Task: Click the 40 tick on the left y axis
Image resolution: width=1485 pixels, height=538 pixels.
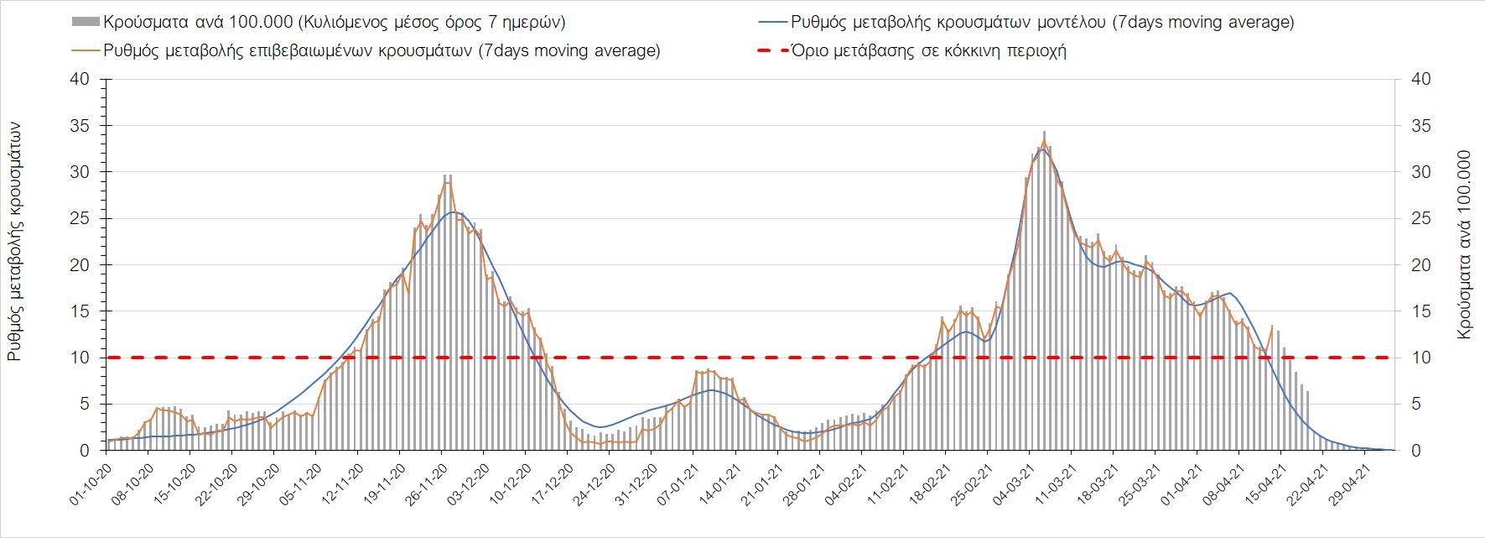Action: tap(80, 79)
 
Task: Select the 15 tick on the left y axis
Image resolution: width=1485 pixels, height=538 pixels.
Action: tap(80, 311)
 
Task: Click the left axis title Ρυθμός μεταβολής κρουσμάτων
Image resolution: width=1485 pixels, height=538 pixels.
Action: tap(14, 241)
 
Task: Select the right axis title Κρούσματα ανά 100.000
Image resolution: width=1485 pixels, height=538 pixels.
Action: tap(1465, 244)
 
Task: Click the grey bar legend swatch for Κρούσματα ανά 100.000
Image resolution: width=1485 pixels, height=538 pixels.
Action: tap(85, 22)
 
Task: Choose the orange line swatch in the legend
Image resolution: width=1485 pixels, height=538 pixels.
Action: tap(85, 50)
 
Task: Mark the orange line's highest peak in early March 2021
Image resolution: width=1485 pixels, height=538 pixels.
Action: tap(1044, 140)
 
